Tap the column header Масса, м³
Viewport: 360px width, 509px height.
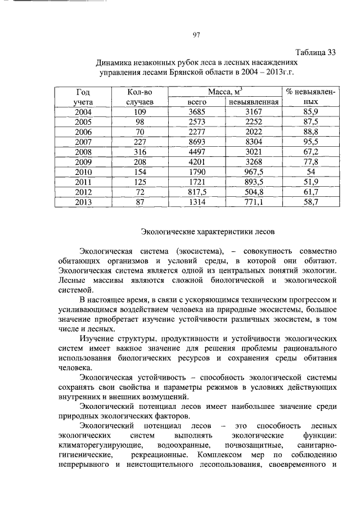pyautogui.click(x=224, y=91)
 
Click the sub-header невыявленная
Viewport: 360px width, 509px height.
pyautogui.click(x=253, y=102)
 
